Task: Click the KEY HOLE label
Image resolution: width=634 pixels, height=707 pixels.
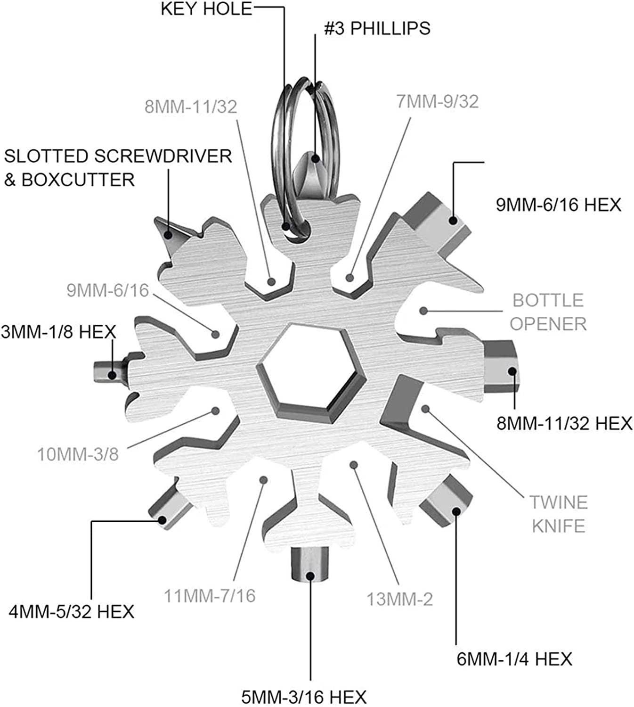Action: pos(206,9)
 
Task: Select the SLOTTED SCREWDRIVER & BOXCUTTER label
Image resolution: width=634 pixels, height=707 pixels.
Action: pos(118,168)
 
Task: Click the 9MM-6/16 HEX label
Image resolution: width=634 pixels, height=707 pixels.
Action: pos(559,205)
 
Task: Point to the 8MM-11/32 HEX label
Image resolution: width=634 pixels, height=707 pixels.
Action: pos(564,423)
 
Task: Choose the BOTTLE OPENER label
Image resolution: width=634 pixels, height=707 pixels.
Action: pos(548,312)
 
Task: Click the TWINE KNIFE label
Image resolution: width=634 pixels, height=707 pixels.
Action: pos(559,514)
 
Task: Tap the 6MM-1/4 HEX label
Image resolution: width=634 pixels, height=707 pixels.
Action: pos(514,658)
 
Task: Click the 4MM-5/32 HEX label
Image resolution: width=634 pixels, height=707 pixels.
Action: pos(72,612)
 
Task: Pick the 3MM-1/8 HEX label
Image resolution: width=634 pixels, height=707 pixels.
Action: pos(58,332)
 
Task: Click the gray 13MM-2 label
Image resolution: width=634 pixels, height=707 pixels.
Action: pos(399,600)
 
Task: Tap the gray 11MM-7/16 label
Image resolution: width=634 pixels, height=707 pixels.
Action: pos(210,596)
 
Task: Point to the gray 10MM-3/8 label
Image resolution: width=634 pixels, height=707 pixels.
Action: pos(78,455)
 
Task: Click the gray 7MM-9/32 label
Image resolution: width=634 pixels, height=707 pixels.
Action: pos(437,101)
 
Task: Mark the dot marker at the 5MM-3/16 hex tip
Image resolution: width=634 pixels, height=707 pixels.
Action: pos(310,575)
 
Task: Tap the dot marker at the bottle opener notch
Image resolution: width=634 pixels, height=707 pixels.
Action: pos(423,311)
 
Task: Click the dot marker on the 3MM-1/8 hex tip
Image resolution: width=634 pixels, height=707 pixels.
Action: pos(112,375)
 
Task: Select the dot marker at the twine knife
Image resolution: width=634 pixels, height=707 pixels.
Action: pos(425,409)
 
